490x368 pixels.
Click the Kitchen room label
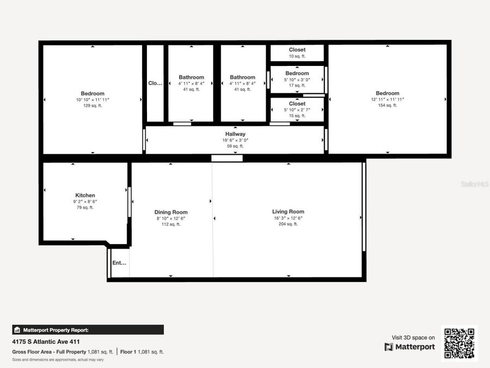coord(85,195)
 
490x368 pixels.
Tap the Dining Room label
coord(171,212)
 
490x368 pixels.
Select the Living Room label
coord(288,212)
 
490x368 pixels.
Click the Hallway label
coord(235,134)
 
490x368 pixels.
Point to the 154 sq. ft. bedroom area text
coord(387,106)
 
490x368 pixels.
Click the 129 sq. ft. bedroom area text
coord(93,106)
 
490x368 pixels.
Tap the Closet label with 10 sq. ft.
coord(297,50)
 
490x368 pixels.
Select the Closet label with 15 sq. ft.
coord(297,104)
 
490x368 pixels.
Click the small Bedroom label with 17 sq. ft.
coord(297,74)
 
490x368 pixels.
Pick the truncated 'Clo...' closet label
coord(155,83)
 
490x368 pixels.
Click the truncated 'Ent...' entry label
coord(119,263)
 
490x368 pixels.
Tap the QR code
coord(459,343)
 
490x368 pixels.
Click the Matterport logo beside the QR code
coord(410,347)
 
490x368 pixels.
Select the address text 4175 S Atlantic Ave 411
coord(46,342)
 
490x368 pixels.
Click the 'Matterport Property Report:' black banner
coord(88,330)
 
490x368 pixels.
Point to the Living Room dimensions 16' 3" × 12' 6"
coord(288,218)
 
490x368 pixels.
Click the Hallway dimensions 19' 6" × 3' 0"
coord(235,140)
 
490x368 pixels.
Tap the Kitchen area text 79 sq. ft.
coord(85,207)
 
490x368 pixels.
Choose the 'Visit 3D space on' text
coord(413,338)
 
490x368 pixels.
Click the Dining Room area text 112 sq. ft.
coord(171,224)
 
